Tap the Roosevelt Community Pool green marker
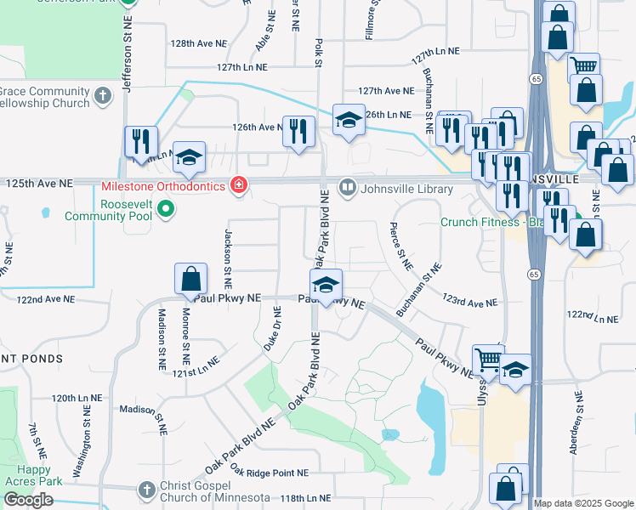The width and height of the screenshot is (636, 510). click(x=167, y=208)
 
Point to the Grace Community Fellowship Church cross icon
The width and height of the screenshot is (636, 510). click(x=102, y=95)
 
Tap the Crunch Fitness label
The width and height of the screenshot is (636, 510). click(x=480, y=223)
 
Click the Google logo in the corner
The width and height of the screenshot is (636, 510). click(x=28, y=500)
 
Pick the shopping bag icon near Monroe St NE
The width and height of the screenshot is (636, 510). click(x=190, y=279)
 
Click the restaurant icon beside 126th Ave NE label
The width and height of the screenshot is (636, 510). click(x=298, y=131)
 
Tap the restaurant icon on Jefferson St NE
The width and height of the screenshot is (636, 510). click(x=140, y=141)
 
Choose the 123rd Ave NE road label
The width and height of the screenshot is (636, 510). click(x=469, y=301)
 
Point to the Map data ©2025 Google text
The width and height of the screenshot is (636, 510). click(x=583, y=503)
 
